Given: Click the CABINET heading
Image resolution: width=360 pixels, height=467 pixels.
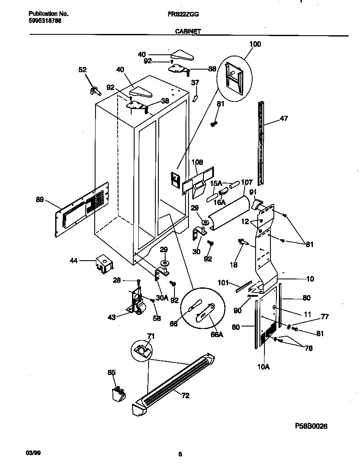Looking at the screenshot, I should coord(188,31).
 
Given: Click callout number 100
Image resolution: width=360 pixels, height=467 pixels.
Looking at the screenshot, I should coord(255,44).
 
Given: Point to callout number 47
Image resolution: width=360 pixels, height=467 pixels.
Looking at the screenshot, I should coord(284,118).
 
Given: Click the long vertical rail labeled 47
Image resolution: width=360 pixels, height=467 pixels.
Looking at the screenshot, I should coord(261,144).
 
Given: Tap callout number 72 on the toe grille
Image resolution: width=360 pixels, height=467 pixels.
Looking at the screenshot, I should coord(185,396).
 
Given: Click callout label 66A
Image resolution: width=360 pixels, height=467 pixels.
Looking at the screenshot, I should coord(217,335).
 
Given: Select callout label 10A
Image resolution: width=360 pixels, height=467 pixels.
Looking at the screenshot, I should coord(264,366).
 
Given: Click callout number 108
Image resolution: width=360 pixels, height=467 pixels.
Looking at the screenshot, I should coord(197,162).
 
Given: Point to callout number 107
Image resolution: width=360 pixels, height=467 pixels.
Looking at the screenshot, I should coord(247,183).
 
